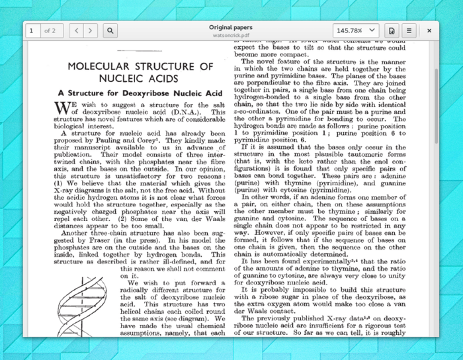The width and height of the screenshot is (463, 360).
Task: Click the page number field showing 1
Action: point(31,30)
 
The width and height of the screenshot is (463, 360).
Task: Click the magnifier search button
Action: point(110,30)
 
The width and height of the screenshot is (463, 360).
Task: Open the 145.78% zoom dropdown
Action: point(356,30)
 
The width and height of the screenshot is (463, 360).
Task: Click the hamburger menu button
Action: point(409,30)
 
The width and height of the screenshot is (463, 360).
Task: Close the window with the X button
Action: point(429,30)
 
